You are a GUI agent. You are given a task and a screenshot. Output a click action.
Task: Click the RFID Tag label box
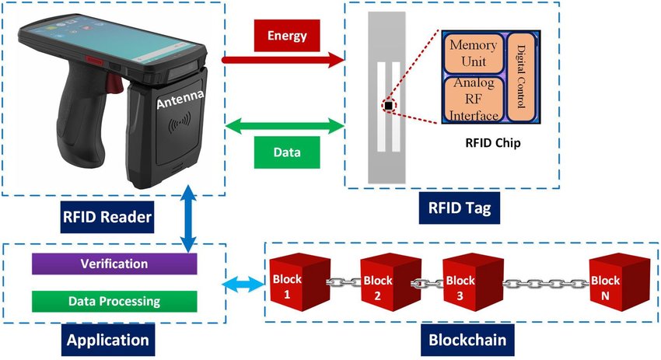(459, 208)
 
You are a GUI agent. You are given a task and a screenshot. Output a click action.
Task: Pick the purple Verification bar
(114, 264)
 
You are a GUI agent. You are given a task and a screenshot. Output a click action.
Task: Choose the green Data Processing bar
(114, 301)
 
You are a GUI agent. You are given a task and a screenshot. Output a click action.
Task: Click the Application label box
(107, 340)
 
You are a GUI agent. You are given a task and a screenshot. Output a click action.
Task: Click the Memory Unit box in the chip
(474, 53)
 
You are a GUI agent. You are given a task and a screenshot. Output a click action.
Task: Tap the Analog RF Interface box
(474, 98)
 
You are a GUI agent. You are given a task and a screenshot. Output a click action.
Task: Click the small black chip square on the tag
(386, 105)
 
